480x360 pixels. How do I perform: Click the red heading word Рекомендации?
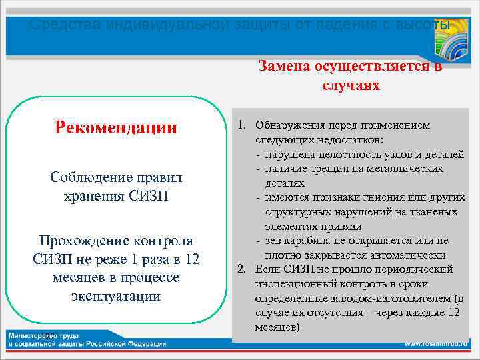click(x=116, y=127)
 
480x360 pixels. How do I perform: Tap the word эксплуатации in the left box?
click(x=116, y=295)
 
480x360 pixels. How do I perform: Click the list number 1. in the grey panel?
click(x=243, y=125)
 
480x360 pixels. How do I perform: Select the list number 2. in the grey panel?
click(x=243, y=269)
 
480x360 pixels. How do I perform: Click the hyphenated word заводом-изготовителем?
click(x=384, y=299)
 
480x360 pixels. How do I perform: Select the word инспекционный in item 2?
click(x=293, y=284)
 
